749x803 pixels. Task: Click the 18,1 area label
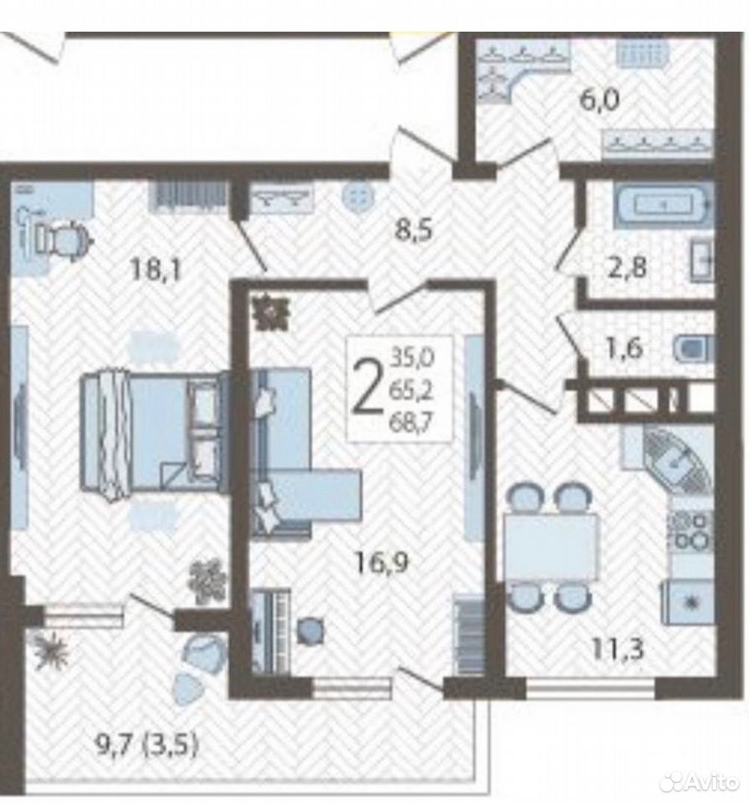(x=156, y=269)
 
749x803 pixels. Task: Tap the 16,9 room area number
(x=382, y=563)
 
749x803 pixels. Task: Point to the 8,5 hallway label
(x=414, y=230)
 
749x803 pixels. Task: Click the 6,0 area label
(x=599, y=100)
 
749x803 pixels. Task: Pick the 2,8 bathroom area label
(x=627, y=268)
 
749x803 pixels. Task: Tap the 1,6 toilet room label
(x=624, y=350)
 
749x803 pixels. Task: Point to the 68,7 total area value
(x=411, y=423)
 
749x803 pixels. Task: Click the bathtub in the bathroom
(x=663, y=206)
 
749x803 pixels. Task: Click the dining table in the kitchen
(x=551, y=547)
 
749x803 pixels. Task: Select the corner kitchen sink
(x=675, y=459)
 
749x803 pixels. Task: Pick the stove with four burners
(x=690, y=530)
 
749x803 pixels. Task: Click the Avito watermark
(x=700, y=782)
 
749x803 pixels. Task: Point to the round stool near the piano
(x=310, y=631)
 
